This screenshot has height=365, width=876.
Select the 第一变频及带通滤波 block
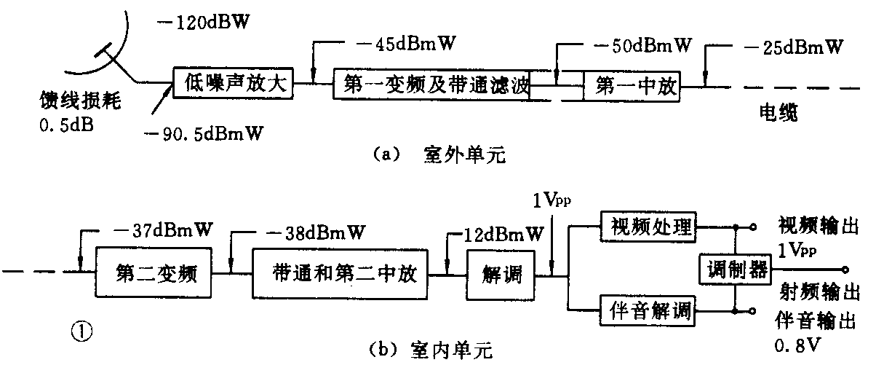pyautogui.click(x=431, y=86)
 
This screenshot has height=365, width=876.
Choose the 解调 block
pyautogui.click(x=498, y=275)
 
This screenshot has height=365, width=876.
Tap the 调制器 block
pyautogui.click(x=737, y=270)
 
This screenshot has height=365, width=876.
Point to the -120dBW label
pyautogui.click(x=203, y=21)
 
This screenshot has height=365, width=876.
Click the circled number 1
pyautogui.click(x=81, y=331)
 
